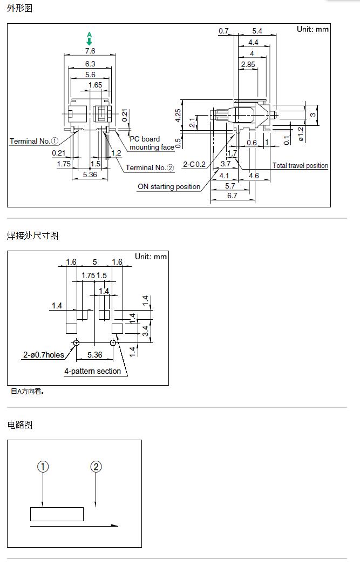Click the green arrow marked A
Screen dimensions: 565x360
[x=90, y=39]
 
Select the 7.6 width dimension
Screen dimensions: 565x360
[x=90, y=51]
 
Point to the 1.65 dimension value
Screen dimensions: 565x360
[x=95, y=85]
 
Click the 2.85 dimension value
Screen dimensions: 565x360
[x=248, y=64]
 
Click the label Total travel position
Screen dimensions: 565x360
[x=300, y=166]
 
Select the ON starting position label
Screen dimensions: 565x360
[x=169, y=187]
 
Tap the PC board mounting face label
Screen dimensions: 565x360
[x=151, y=143]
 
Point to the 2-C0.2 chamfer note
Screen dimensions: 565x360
[x=194, y=164]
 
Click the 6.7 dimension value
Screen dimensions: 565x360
[x=232, y=196]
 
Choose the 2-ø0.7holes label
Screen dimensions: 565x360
[x=43, y=355]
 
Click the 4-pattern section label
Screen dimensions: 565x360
[x=92, y=371]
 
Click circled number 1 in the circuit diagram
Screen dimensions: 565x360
[x=43, y=467]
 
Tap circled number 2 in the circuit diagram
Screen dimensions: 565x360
[x=96, y=467]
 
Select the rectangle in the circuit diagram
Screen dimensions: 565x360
[x=57, y=514]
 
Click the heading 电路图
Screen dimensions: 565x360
[x=20, y=425]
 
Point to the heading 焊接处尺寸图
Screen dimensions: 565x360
[x=32, y=236]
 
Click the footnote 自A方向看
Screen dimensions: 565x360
[x=27, y=391]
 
